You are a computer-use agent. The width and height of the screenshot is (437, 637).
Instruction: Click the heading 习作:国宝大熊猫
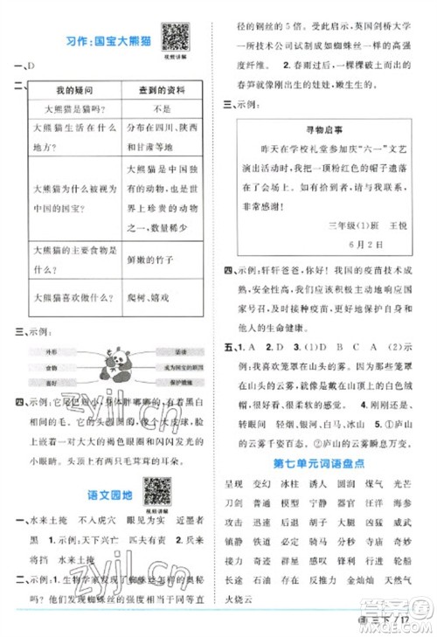pos(96,39)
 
